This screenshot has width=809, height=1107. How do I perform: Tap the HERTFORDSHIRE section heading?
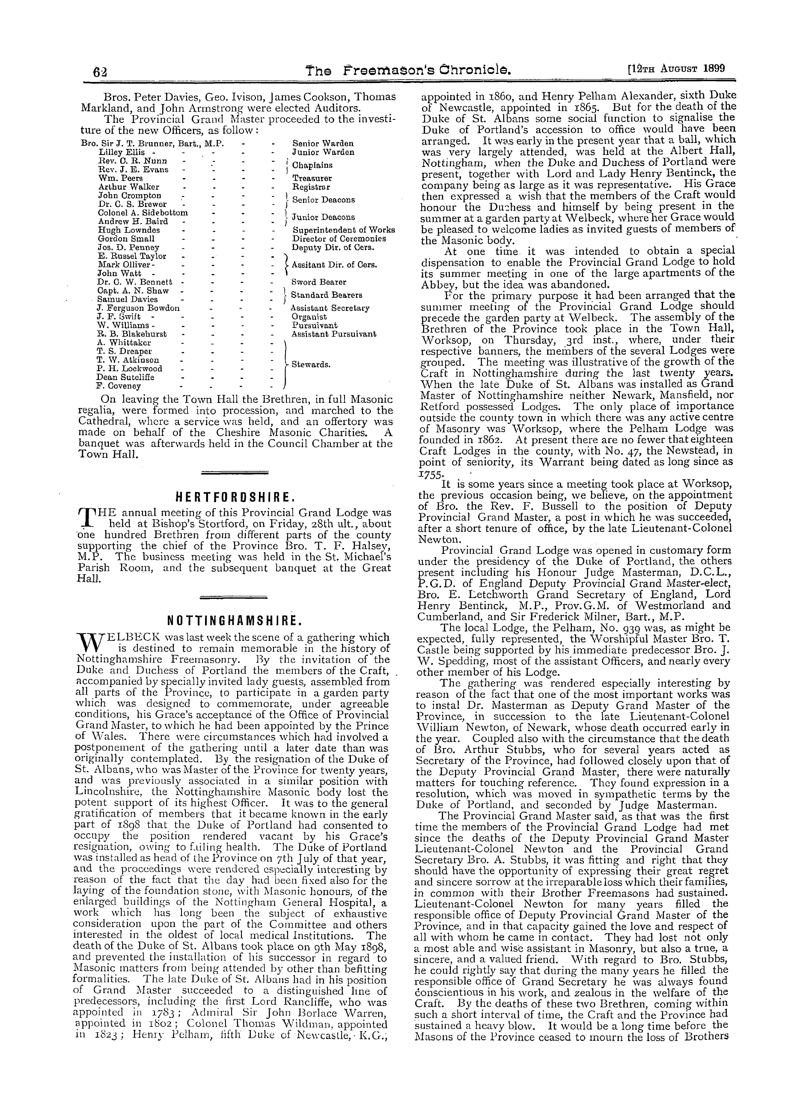coord(235,498)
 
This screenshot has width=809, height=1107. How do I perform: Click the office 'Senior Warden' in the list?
coord(323,143)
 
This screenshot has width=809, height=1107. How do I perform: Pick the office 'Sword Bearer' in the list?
coord(318,282)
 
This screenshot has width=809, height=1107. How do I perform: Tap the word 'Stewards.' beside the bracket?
coord(310,364)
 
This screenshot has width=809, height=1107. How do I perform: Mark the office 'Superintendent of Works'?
coord(343,230)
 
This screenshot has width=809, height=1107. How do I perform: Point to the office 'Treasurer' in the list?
coord(312,178)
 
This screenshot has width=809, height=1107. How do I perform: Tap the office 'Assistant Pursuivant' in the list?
coord(333,334)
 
